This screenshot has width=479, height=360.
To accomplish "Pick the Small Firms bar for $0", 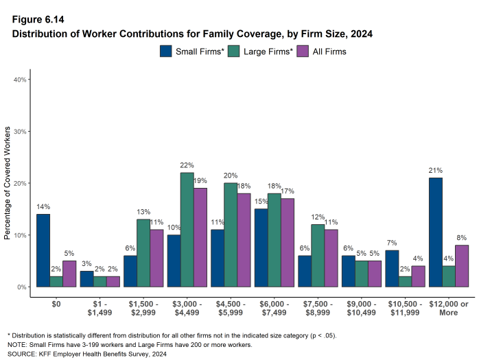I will click(43, 250).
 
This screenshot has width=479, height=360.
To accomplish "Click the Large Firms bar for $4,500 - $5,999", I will click(231, 235).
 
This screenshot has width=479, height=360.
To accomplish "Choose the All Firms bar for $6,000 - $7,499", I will click(288, 242).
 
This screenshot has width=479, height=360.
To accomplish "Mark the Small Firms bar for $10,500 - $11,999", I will click(392, 268).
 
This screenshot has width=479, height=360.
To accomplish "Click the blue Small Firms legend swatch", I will click(166, 51).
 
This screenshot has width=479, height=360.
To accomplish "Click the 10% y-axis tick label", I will click(21, 235).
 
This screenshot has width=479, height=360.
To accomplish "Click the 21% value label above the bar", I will click(436, 170).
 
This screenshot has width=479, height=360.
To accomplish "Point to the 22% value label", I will click(187, 165).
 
